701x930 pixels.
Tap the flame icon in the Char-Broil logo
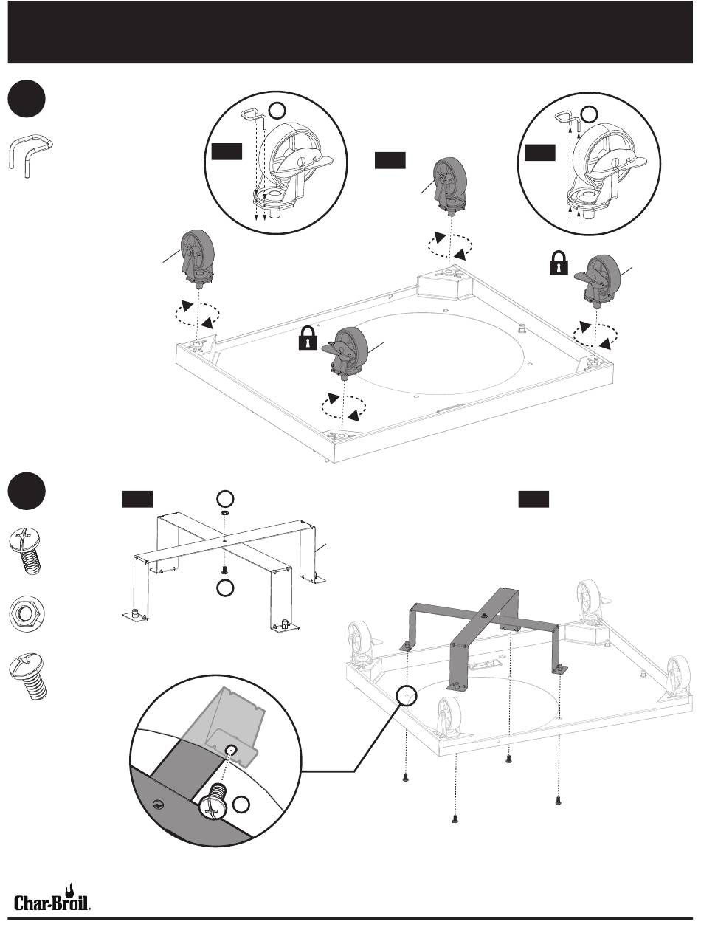pyautogui.click(x=72, y=887)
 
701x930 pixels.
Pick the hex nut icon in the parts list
pyautogui.click(x=27, y=613)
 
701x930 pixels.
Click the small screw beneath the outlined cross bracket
pyautogui.click(x=223, y=570)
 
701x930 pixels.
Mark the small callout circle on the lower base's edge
pyautogui.click(x=407, y=695)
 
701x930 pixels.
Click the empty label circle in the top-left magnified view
pyautogui.click(x=277, y=111)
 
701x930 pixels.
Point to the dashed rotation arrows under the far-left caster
pyautogui.click(x=196, y=314)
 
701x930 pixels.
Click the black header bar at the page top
pyautogui.click(x=350, y=32)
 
